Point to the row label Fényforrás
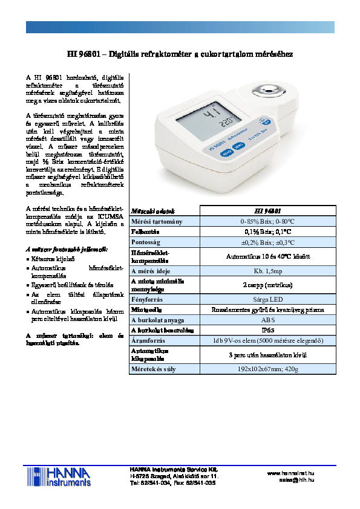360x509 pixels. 146,299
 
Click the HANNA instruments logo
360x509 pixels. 60,477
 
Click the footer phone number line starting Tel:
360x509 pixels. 172,483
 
